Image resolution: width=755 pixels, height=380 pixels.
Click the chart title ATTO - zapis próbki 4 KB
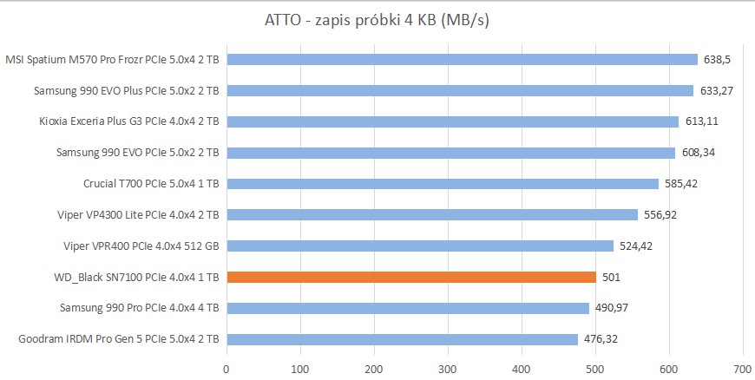(x=377, y=19)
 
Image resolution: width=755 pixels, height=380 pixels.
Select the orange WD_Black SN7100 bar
(x=411, y=277)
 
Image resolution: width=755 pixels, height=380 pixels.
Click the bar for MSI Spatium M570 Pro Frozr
(x=462, y=59)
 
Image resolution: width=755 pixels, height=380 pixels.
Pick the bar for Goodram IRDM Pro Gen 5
(x=402, y=339)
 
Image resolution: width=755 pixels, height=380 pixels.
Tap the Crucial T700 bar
(x=443, y=183)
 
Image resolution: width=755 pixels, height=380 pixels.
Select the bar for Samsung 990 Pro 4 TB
(x=408, y=308)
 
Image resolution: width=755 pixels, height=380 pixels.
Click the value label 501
(x=613, y=277)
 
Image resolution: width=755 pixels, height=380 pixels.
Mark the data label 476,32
(x=601, y=339)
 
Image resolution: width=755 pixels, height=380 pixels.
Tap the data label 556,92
(x=660, y=214)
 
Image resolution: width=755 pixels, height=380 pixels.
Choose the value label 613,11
(x=702, y=121)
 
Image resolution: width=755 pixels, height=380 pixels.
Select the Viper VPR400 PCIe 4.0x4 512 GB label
(x=141, y=246)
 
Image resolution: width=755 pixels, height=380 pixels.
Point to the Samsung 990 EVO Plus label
(x=127, y=90)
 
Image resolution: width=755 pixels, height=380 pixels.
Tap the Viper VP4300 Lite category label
(x=139, y=214)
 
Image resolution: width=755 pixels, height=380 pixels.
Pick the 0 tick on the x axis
(x=226, y=368)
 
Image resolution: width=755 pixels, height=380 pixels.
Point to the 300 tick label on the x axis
(x=448, y=368)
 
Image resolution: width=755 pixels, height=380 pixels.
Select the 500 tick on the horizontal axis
(x=595, y=368)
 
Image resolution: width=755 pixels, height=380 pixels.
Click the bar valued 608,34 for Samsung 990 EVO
(x=450, y=153)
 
